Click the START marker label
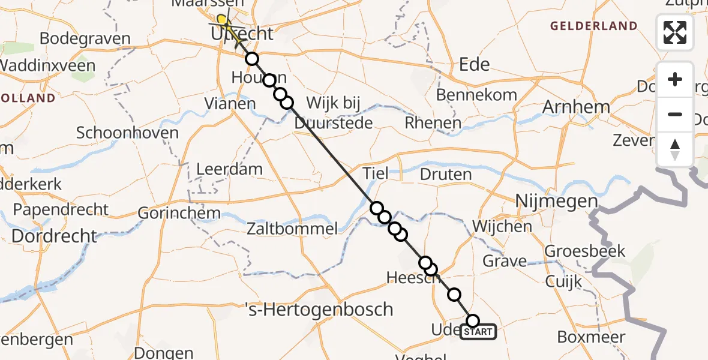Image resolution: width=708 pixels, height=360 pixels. tap(478, 332)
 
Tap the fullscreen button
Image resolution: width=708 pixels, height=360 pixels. tap(675, 32)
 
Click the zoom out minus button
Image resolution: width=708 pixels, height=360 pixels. tap(675, 114)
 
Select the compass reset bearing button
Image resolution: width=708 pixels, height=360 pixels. tap(675, 149)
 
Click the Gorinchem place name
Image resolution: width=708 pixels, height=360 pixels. tap(179, 213)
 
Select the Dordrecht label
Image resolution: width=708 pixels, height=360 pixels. tap(54, 236)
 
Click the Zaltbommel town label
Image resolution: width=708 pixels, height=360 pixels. tap(292, 228)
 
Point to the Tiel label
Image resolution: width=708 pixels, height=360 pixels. tap(375, 174)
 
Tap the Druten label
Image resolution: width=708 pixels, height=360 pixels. tap(446, 175)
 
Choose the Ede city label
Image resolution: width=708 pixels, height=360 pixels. tap(474, 64)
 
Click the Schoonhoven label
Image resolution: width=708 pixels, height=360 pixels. tap(127, 133)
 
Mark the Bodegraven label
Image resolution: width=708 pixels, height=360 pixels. tap(85, 39)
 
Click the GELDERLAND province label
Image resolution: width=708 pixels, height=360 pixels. tap(593, 26)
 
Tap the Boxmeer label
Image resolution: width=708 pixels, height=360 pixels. tap(591, 337)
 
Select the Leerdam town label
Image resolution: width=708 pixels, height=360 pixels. tap(230, 169)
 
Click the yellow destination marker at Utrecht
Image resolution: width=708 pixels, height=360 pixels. tap(222, 22)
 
